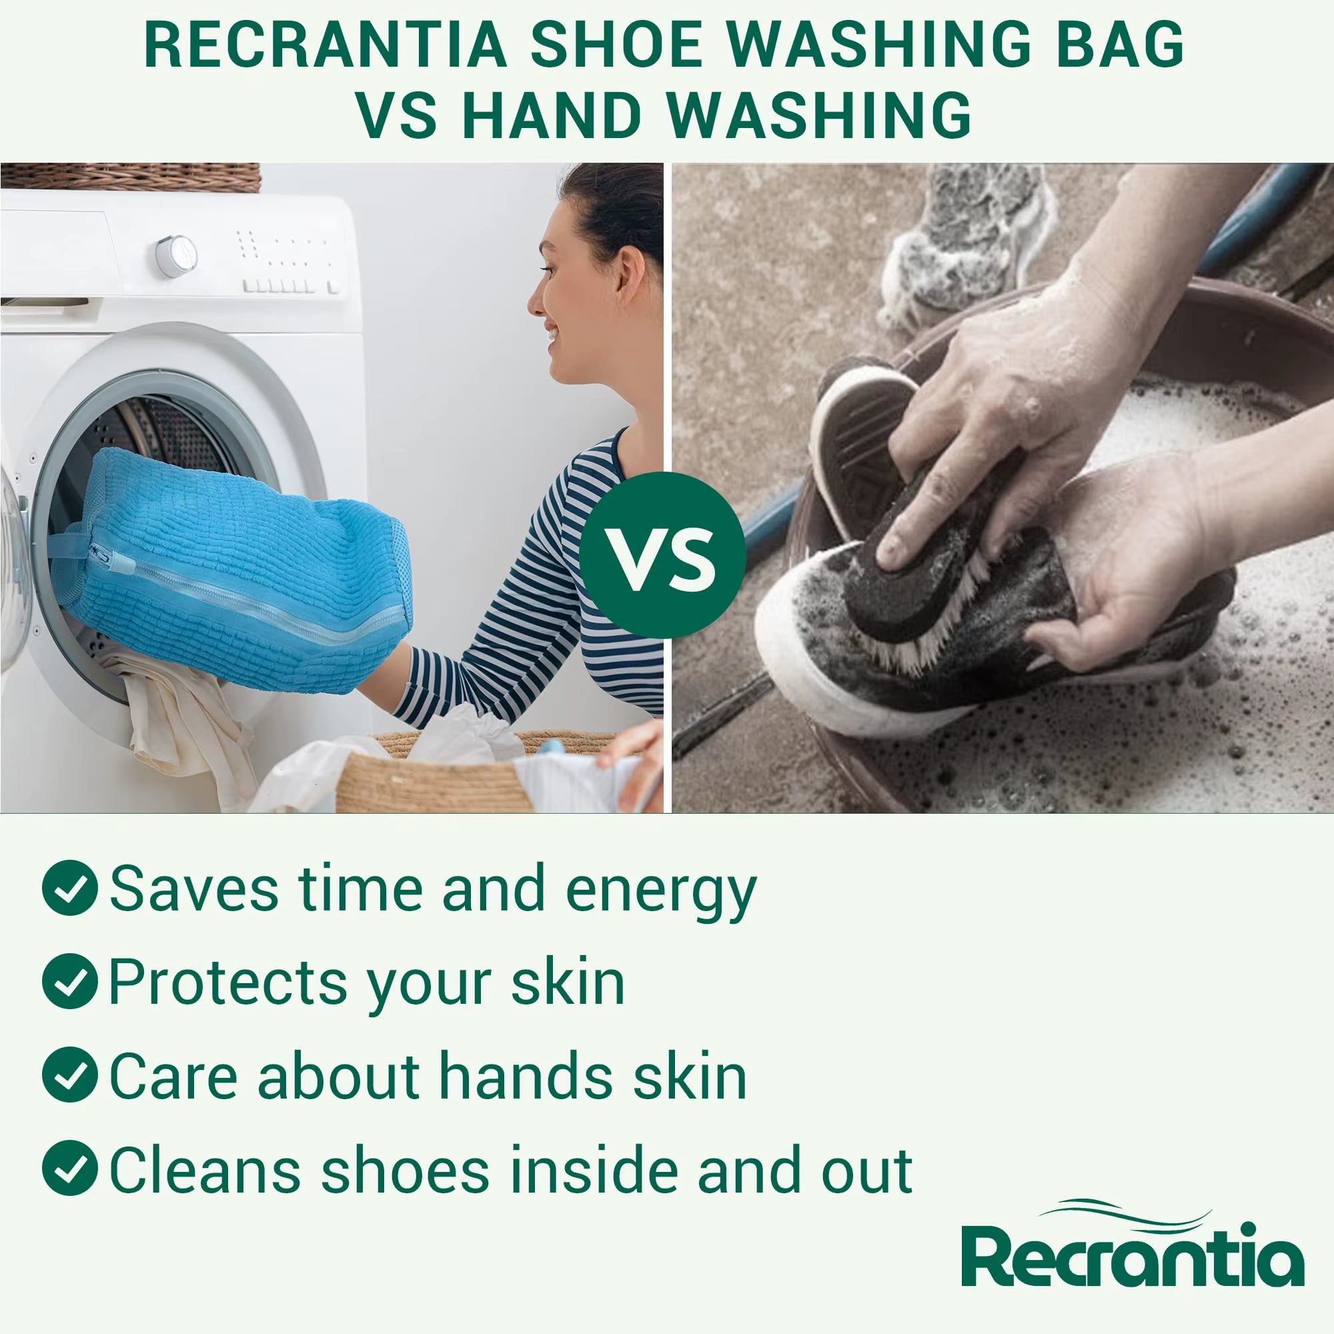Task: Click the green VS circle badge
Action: (x=662, y=555)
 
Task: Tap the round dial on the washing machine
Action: (x=175, y=256)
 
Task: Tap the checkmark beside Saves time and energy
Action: (x=70, y=888)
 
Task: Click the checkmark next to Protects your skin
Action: (x=70, y=981)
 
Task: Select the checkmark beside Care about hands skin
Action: (x=70, y=1075)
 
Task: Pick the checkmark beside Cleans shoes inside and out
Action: (x=70, y=1168)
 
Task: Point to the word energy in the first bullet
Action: (x=661, y=890)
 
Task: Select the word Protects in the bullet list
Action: (x=227, y=982)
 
